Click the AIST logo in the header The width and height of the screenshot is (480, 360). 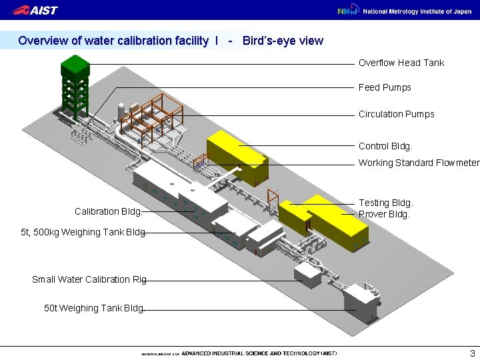35,10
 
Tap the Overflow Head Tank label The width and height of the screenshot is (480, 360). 401,63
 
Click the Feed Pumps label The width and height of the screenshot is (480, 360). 385,87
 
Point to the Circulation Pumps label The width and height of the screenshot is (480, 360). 396,114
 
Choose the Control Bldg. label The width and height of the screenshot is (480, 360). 385,145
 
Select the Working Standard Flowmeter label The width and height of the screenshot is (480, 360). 419,163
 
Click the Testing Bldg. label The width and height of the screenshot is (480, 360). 385,202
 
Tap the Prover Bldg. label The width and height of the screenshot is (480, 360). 384,214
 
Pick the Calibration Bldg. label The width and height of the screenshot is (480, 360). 107,212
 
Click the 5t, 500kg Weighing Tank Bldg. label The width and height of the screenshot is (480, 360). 83,233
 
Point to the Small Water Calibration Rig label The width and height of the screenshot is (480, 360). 89,279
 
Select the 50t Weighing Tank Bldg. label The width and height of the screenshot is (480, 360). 93,308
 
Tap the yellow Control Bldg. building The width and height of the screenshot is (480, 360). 237,157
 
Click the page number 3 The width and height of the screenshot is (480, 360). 472,353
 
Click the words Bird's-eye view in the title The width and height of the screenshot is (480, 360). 283,41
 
